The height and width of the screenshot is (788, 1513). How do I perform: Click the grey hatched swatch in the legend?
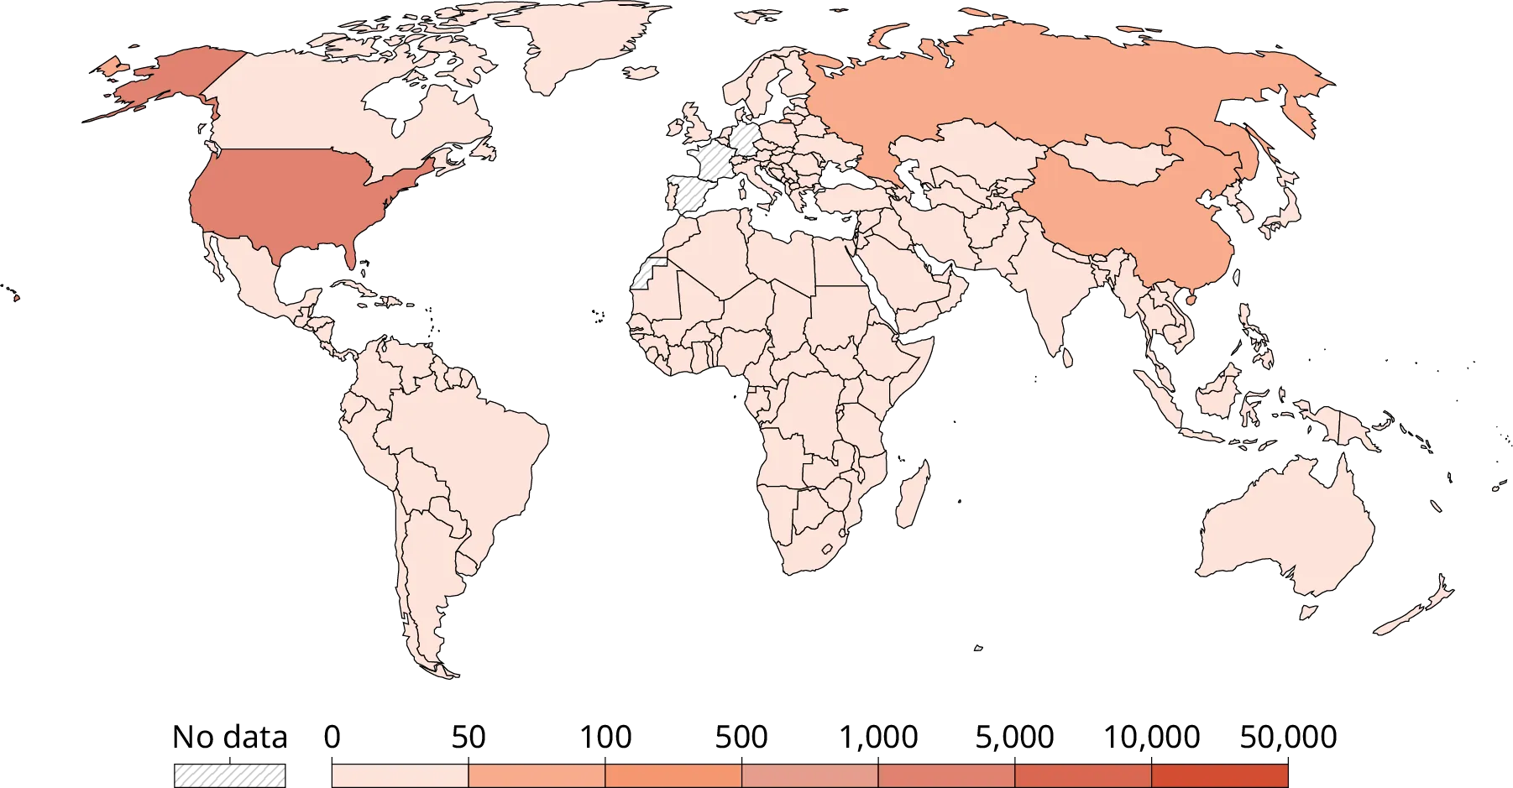click(228, 773)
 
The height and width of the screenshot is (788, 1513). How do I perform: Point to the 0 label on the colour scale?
click(332, 738)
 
